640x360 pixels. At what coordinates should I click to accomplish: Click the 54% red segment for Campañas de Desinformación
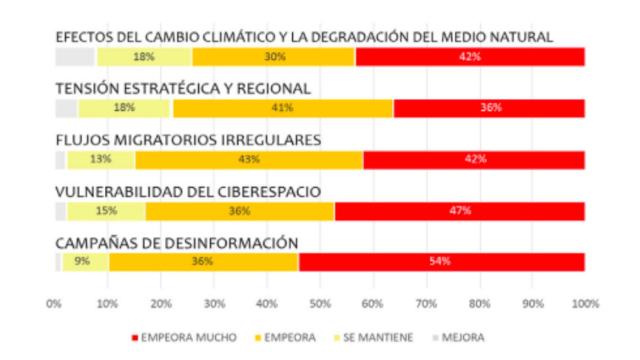click(441, 262)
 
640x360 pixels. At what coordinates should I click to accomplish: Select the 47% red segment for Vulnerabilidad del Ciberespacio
click(459, 211)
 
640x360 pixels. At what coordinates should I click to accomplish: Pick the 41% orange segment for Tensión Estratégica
click(283, 108)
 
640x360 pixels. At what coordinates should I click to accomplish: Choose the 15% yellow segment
click(106, 211)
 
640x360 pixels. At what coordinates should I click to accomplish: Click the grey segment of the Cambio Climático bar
click(75, 57)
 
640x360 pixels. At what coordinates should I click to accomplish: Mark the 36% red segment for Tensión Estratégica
click(489, 108)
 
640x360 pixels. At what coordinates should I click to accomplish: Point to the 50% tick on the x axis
click(320, 302)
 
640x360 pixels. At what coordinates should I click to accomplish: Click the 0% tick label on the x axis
click(55, 302)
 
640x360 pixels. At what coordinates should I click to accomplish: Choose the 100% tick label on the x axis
click(584, 302)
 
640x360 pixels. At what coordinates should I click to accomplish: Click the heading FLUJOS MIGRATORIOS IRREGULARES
click(187, 140)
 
